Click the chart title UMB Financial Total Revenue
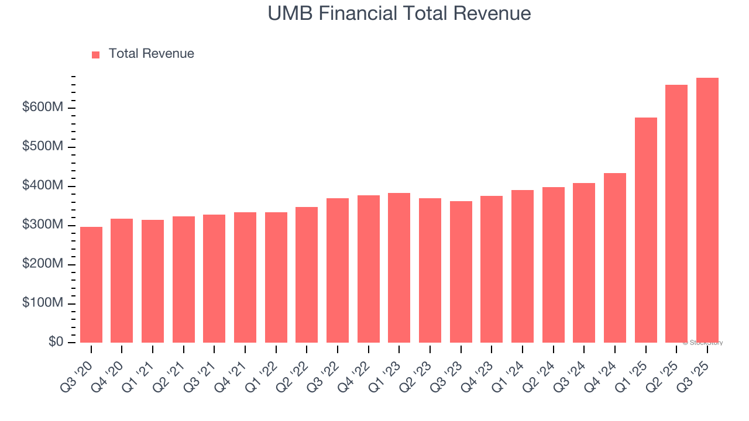click(399, 13)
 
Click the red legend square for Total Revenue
click(96, 54)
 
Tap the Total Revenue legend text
click(151, 54)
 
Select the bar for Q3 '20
click(91, 285)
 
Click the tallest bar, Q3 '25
click(707, 210)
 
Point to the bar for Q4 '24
click(615, 258)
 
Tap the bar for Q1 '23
click(399, 268)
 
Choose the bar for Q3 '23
click(461, 272)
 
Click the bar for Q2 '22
click(307, 275)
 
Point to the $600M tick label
click(43, 108)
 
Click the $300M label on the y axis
click(43, 226)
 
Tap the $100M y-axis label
click(43, 303)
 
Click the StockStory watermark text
click(703, 343)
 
